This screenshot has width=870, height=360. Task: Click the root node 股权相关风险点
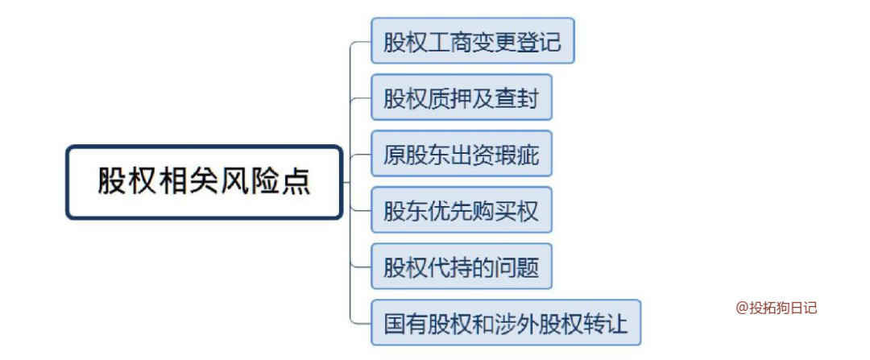(x=205, y=182)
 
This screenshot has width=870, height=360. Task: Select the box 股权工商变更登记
(x=472, y=40)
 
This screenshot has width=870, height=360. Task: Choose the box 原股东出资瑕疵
(x=461, y=153)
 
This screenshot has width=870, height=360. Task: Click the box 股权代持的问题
(x=461, y=267)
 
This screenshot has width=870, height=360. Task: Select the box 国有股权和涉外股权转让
(x=506, y=323)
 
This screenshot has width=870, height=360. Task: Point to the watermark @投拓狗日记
(x=776, y=308)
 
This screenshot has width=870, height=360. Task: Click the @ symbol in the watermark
(x=741, y=308)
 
